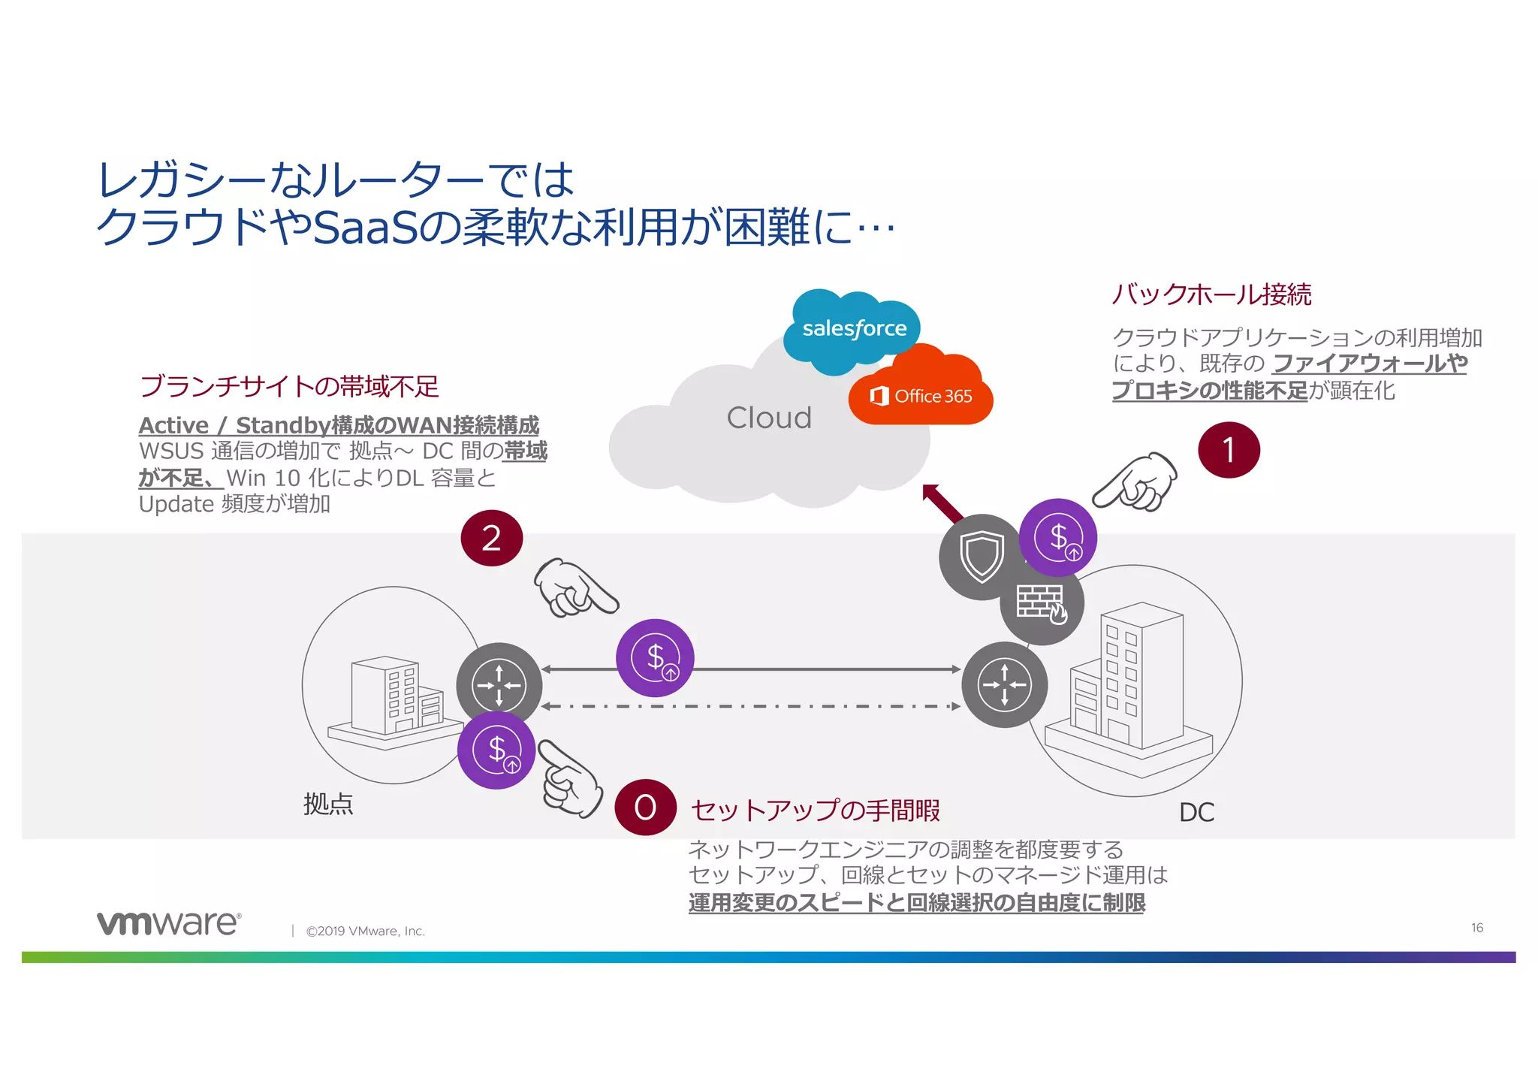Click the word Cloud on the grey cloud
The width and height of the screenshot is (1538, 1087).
pyautogui.click(x=769, y=418)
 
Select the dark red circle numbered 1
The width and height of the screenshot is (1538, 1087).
pyautogui.click(x=1229, y=451)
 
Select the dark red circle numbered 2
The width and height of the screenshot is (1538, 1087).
pyautogui.click(x=491, y=539)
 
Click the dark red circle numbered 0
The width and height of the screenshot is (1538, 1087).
pyautogui.click(x=645, y=808)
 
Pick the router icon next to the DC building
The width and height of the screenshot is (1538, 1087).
pyautogui.click(x=1005, y=684)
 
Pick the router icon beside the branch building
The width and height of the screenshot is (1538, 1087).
pyautogui.click(x=499, y=684)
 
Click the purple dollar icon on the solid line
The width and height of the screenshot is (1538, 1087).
pyautogui.click(x=655, y=658)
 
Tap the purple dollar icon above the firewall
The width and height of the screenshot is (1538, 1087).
pyautogui.click(x=1058, y=538)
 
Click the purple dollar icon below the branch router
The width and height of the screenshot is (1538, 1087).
pyautogui.click(x=496, y=750)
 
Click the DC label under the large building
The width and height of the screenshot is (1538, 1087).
pyautogui.click(x=1196, y=813)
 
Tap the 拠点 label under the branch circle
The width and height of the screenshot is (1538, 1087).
pyautogui.click(x=328, y=805)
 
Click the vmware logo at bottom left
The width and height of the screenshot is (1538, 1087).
pyautogui.click(x=169, y=923)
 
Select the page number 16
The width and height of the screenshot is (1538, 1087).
pyautogui.click(x=1476, y=928)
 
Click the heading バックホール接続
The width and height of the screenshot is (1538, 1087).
pyautogui.click(x=1211, y=294)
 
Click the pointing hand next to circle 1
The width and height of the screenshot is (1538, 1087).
pyautogui.click(x=1136, y=482)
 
